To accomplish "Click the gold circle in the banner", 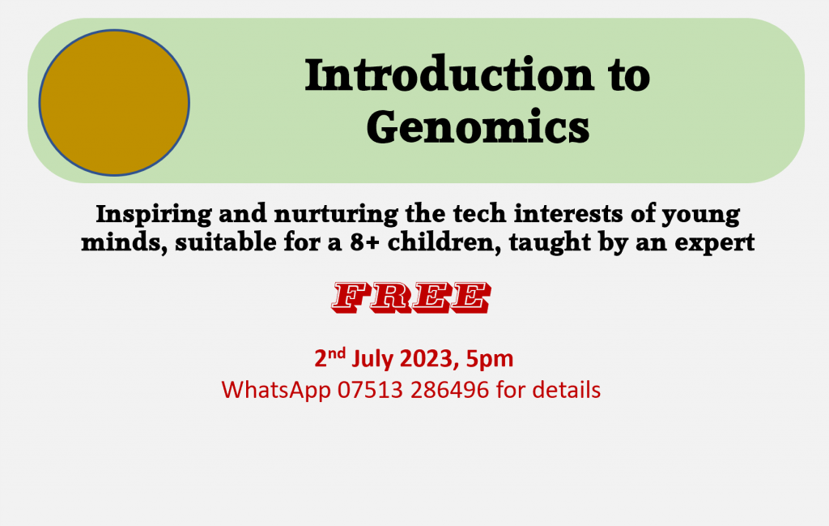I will click(114, 102).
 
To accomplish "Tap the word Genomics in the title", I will click(478, 126).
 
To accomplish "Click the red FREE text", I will click(410, 297).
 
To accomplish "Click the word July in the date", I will click(372, 359).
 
